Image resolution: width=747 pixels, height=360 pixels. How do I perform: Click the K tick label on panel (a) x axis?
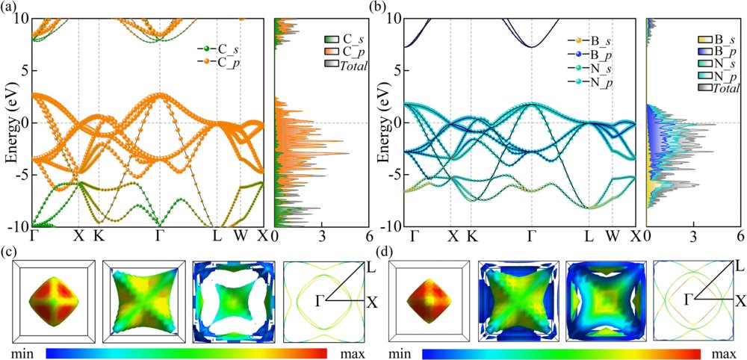99,237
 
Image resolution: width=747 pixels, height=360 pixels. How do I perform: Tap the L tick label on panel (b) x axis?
589,237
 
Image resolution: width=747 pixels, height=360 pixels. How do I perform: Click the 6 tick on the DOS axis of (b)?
740,237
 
